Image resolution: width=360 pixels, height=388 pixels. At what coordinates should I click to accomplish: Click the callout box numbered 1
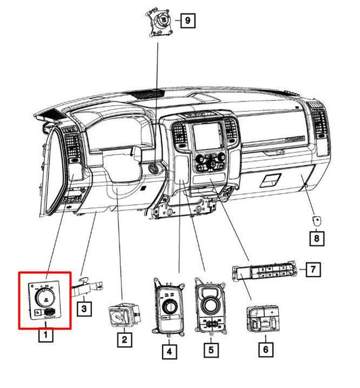pyautogui.click(x=46, y=335)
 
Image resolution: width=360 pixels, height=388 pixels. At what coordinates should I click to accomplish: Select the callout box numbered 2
pyautogui.click(x=124, y=339)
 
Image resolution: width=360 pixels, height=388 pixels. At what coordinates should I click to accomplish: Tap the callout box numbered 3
pyautogui.click(x=84, y=309)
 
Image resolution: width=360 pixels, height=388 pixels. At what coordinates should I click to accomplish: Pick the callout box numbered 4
pyautogui.click(x=170, y=351)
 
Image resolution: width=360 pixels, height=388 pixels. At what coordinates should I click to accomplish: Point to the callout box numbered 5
pyautogui.click(x=211, y=350)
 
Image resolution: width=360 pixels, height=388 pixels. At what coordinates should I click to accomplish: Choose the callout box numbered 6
pyautogui.click(x=266, y=349)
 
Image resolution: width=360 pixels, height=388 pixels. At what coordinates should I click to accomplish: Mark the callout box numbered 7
pyautogui.click(x=313, y=269)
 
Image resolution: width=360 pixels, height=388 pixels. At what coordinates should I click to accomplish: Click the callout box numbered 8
pyautogui.click(x=317, y=239)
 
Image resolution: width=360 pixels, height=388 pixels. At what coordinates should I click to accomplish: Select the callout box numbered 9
pyautogui.click(x=188, y=20)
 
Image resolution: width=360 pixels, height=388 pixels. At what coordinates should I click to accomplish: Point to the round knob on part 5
pyautogui.click(x=210, y=304)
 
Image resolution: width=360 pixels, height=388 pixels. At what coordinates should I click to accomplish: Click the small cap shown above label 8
pyautogui.click(x=317, y=220)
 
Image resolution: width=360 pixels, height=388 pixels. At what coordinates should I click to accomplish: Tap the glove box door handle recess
pyautogui.click(x=270, y=180)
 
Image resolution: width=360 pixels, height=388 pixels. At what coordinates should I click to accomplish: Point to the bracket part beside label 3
pyautogui.click(x=88, y=288)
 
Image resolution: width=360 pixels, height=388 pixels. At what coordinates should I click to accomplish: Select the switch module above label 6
pyautogui.click(x=263, y=319)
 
